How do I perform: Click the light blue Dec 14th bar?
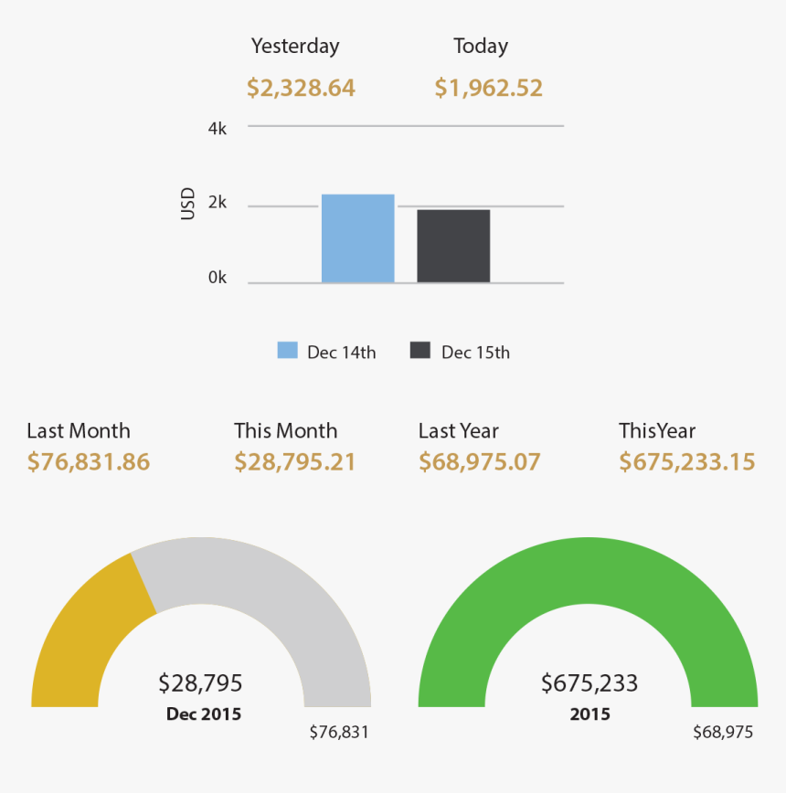click(x=357, y=238)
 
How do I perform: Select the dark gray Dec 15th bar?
click(x=453, y=246)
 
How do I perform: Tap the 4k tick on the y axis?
click(x=217, y=129)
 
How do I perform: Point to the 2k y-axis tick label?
click(x=217, y=204)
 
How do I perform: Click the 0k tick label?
click(x=217, y=277)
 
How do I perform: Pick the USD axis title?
click(x=188, y=204)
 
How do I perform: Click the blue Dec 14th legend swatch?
click(x=288, y=351)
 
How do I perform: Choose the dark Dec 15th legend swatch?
click(x=420, y=351)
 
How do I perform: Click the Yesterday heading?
click(x=295, y=46)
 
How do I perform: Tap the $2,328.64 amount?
click(x=301, y=89)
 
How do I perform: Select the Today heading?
click(x=481, y=46)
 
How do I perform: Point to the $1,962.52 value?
click(x=488, y=89)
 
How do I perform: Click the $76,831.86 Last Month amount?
click(x=88, y=462)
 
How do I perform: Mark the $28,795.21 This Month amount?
click(x=294, y=462)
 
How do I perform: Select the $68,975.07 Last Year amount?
click(x=480, y=462)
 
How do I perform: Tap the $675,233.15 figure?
click(x=687, y=462)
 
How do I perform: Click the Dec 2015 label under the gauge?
click(x=204, y=714)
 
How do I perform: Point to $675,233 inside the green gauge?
click(x=589, y=683)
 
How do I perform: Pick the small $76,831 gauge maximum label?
click(x=339, y=732)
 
